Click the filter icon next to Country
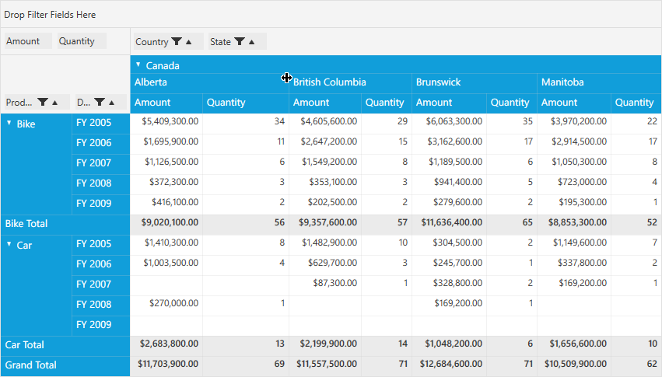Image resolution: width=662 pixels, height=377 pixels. click(x=177, y=41)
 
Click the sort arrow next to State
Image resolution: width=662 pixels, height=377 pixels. click(x=251, y=42)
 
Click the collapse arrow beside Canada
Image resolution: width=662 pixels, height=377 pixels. click(x=138, y=65)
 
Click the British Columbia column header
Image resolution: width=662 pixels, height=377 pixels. click(x=329, y=82)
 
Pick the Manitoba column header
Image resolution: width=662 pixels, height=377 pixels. click(x=562, y=82)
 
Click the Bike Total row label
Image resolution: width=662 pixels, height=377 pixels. click(x=26, y=224)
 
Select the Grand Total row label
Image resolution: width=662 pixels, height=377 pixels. click(x=30, y=365)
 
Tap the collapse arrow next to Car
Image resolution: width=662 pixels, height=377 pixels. click(x=9, y=244)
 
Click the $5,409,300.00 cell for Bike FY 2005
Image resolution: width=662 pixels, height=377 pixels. click(x=170, y=121)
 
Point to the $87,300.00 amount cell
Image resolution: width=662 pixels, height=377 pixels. click(x=335, y=283)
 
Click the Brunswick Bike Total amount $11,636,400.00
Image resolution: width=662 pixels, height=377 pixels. click(x=452, y=222)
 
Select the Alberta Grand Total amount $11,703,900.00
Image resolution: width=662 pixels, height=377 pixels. click(x=168, y=364)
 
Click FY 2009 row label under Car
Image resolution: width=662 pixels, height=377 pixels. click(x=93, y=325)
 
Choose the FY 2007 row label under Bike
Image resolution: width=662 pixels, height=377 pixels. click(x=93, y=163)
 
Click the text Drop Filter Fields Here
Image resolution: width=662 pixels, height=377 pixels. click(x=50, y=15)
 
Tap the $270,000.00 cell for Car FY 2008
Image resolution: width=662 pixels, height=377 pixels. click(x=173, y=303)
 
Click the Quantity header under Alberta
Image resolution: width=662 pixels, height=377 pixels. click(x=226, y=103)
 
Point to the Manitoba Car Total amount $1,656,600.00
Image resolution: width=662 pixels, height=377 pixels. click(x=578, y=344)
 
